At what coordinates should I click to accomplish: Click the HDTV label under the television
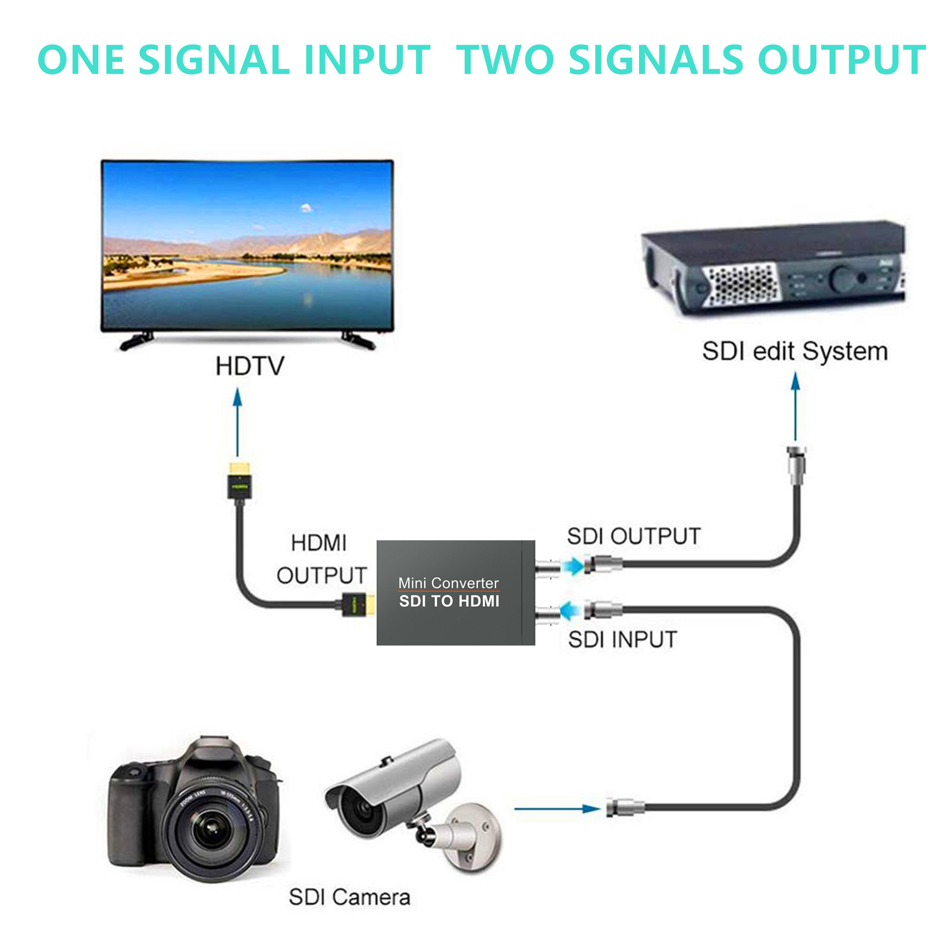click(x=250, y=366)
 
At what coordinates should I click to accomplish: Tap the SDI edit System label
click(x=794, y=351)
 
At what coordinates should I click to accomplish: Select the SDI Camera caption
click(x=349, y=897)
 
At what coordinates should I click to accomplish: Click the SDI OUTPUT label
click(x=634, y=536)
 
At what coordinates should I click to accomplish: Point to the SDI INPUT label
click(x=622, y=640)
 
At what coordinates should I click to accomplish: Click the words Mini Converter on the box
click(x=449, y=583)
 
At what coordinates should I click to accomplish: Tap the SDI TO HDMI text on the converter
click(x=449, y=601)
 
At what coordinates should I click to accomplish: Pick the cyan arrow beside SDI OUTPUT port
click(x=574, y=566)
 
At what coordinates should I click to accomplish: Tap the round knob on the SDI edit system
click(x=842, y=278)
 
